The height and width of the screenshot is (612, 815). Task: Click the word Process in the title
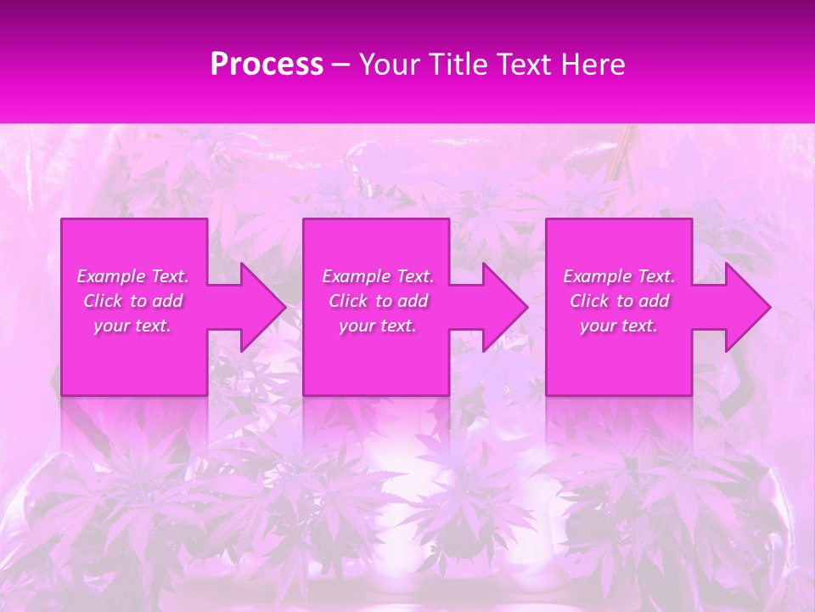pos(267,65)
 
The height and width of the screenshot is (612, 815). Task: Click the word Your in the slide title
pos(390,65)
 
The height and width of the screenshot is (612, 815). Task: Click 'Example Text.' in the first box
pos(133,276)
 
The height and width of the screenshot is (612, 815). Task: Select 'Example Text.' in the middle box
pos(378,276)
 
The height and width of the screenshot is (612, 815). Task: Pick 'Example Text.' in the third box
pos(619,276)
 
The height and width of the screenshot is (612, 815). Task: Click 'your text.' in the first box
pos(133,326)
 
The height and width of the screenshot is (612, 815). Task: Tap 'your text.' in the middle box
pos(378,326)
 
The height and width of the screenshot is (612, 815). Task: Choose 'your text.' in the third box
pos(619,326)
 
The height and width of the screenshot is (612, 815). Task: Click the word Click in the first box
pos(102,301)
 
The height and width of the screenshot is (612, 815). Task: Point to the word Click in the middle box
pos(347,301)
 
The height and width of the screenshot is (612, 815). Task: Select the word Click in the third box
pos(588,301)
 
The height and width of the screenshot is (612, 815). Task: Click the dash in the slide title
pos(341,65)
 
